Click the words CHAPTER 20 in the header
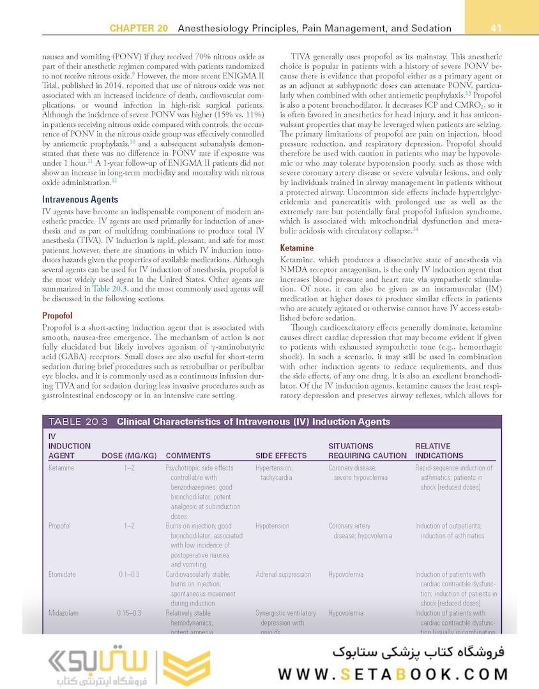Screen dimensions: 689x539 139,29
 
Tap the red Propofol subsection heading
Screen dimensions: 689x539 57,316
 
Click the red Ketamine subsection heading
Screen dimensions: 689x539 297,248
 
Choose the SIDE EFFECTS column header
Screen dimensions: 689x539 281,456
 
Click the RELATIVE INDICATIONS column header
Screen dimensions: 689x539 439,451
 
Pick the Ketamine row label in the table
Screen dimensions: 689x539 61,468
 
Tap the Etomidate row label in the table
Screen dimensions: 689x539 62,574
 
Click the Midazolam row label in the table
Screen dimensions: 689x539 63,613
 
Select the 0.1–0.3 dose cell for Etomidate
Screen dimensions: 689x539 129,574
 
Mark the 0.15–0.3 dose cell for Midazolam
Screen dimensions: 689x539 129,613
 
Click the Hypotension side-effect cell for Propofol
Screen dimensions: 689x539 272,526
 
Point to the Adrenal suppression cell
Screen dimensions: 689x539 283,574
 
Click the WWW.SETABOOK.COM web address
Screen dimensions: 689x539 393,674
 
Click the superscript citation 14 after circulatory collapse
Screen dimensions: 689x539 415,229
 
